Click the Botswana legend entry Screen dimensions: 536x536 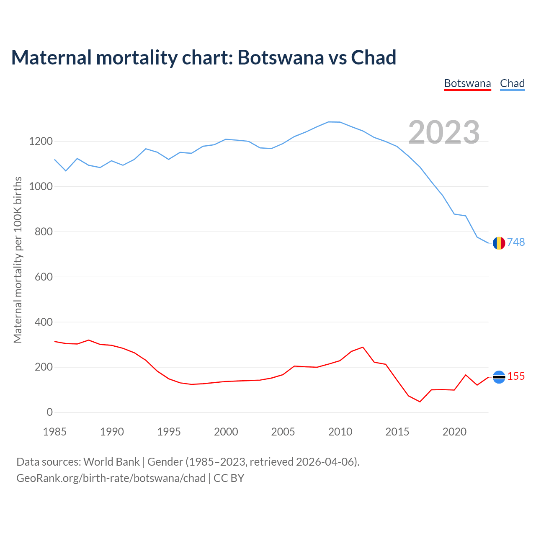(x=467, y=83)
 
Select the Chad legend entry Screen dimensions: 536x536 (x=512, y=83)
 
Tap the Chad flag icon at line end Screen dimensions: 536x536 (x=499, y=243)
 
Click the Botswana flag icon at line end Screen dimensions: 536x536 (x=499, y=377)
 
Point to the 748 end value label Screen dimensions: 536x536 (x=516, y=242)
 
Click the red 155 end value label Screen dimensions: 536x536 (x=516, y=376)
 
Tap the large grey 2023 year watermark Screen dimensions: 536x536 (x=444, y=132)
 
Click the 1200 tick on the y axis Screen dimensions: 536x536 (x=41, y=142)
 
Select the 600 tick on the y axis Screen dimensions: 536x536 (x=44, y=277)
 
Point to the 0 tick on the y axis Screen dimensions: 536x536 (x=50, y=412)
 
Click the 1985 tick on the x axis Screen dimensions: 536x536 (x=55, y=432)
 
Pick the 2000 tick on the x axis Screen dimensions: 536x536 (x=226, y=432)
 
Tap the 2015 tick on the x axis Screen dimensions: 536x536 (x=397, y=432)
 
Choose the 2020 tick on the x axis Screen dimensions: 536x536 (x=454, y=432)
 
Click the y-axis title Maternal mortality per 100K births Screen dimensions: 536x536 (x=18, y=260)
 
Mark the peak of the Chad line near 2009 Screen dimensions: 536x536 (x=329, y=122)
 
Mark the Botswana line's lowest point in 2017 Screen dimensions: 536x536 (x=420, y=402)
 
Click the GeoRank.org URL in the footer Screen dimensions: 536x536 (x=111, y=478)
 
